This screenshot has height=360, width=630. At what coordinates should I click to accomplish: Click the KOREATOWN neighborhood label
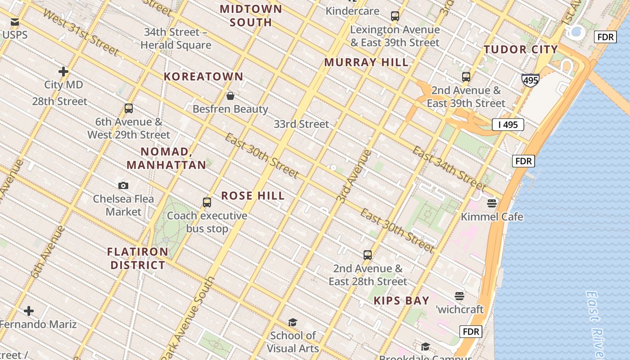pyautogui.click(x=203, y=76)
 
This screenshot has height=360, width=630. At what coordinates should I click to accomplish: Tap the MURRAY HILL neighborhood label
pyautogui.click(x=366, y=63)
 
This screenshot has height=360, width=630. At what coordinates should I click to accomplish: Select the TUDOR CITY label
pyautogui.click(x=521, y=49)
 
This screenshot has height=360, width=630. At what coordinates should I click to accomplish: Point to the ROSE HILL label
pyautogui.click(x=253, y=196)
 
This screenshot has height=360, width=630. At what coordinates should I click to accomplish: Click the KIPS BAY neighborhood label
pyautogui.click(x=401, y=301)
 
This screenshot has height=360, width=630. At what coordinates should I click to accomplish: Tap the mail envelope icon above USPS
pyautogui.click(x=15, y=22)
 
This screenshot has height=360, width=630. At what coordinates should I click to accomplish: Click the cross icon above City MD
pyautogui.click(x=63, y=72)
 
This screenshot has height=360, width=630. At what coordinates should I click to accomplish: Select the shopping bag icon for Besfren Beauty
pyautogui.click(x=230, y=96)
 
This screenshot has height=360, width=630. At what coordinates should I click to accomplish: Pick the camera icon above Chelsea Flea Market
pyautogui.click(x=123, y=185)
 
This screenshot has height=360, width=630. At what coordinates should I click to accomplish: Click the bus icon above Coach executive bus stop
pyautogui.click(x=207, y=202)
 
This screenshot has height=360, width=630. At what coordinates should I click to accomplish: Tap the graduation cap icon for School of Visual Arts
pyautogui.click(x=293, y=322)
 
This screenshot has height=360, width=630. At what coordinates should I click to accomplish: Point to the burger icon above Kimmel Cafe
pyautogui.click(x=492, y=203)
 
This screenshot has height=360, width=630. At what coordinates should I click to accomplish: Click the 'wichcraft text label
pyautogui.click(x=459, y=310)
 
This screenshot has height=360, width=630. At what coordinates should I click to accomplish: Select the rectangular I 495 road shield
pyautogui.click(x=508, y=125)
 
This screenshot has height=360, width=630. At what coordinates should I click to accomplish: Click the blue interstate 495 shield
pyautogui.click(x=530, y=80)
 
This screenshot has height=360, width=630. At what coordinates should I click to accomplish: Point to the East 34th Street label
pyautogui.click(x=449, y=168)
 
